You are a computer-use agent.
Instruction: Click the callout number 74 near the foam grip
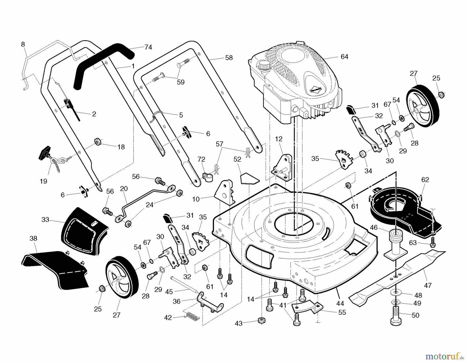148,47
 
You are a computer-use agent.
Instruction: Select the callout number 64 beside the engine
344,57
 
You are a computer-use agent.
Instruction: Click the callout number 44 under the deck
340,303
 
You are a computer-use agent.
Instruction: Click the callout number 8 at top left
23,44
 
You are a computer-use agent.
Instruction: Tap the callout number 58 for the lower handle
229,58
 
